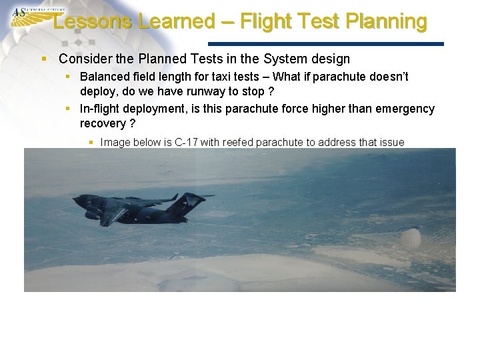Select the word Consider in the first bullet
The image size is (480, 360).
pyautogui.click(x=83, y=59)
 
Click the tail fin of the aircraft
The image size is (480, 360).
pyautogui.click(x=191, y=200)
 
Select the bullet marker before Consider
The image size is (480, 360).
pyautogui.click(x=45, y=59)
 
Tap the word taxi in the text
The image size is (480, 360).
pyautogui.click(x=245, y=77)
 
